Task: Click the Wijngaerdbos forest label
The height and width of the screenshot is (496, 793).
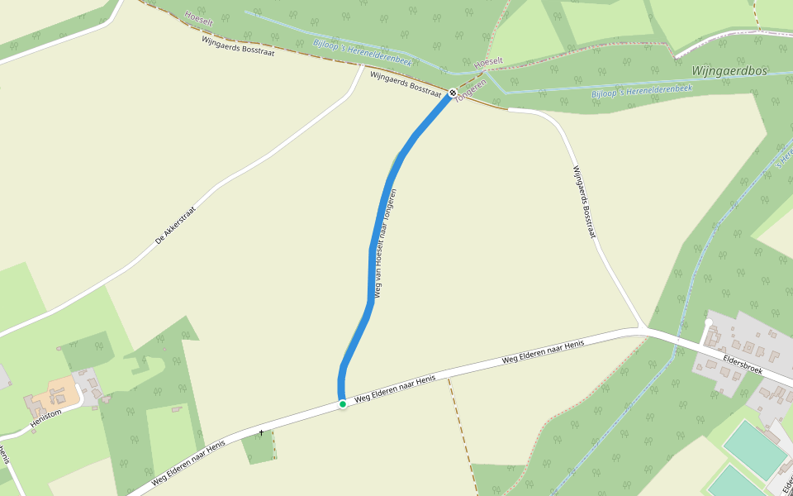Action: (729, 71)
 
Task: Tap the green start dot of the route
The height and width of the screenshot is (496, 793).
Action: (343, 404)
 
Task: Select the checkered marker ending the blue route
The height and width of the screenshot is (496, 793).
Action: (453, 93)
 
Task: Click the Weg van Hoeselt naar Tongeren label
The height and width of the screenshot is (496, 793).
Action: (386, 244)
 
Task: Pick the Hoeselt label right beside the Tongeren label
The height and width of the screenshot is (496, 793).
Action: (487, 62)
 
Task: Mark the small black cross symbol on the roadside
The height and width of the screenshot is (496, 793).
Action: (261, 432)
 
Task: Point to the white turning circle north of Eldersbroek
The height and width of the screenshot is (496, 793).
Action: (709, 322)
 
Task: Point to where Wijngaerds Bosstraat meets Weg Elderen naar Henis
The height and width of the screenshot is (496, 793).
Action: (643, 329)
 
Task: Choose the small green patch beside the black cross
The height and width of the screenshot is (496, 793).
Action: (258, 447)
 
